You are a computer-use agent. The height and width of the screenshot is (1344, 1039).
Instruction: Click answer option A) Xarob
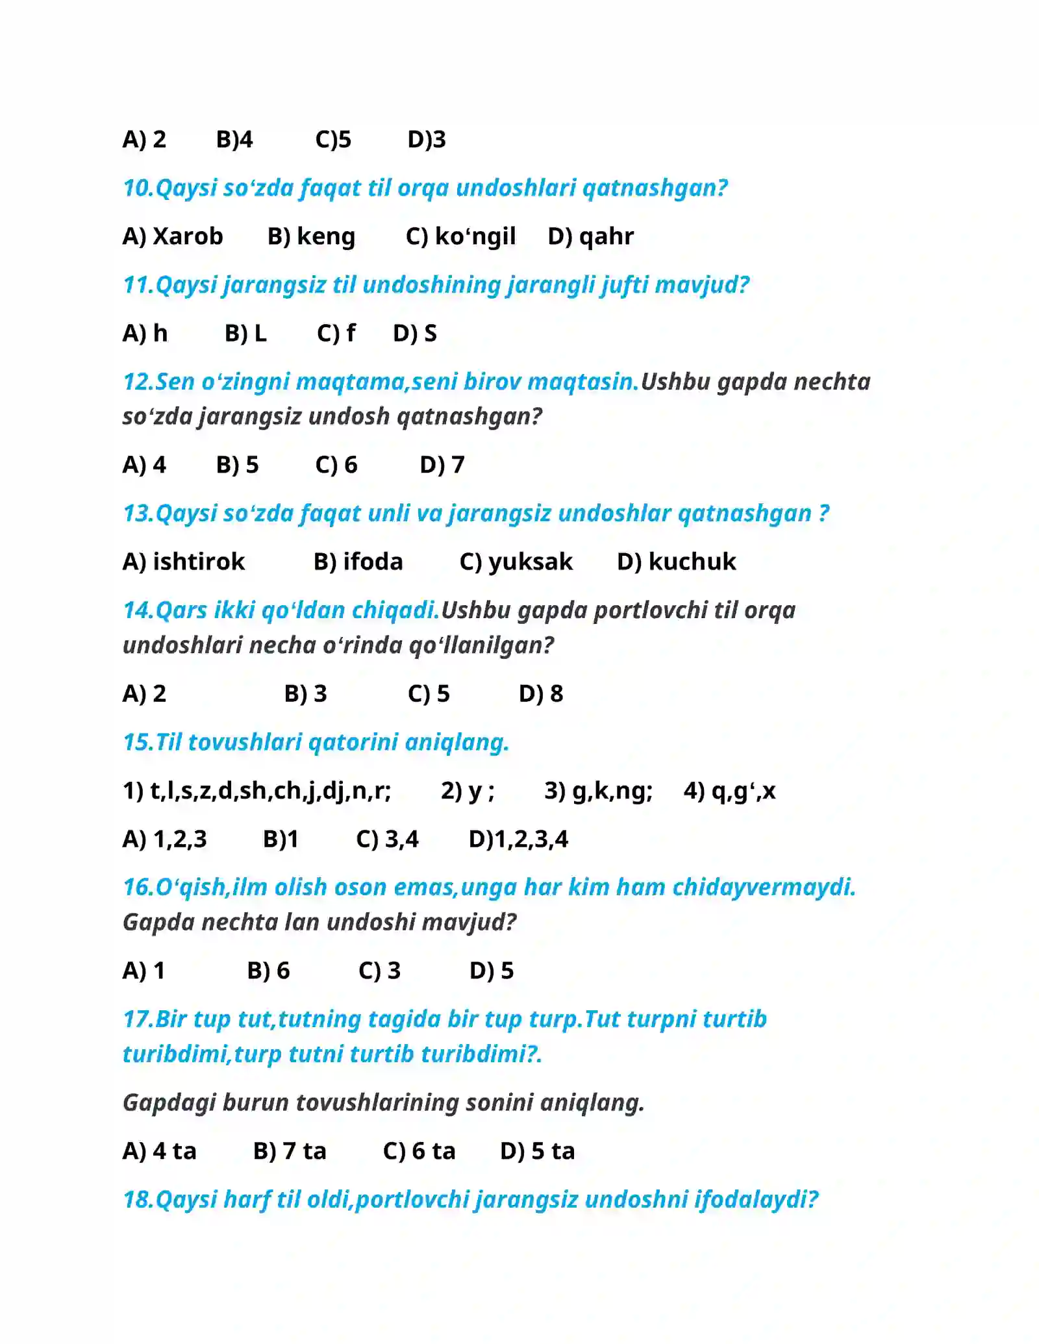coord(173,236)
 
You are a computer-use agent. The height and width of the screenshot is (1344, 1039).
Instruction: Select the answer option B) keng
coord(312,236)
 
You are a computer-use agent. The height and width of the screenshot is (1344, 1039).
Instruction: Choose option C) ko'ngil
coord(460,236)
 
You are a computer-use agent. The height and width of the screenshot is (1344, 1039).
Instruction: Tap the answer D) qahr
coord(590,236)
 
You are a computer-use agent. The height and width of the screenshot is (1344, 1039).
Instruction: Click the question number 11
coord(138,285)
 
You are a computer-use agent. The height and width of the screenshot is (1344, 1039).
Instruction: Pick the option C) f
coord(336,333)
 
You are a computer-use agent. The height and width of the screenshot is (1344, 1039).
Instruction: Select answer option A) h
coord(145,333)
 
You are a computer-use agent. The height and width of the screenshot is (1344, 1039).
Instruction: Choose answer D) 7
coord(442,465)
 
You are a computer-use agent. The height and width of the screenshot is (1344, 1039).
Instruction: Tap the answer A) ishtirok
coord(184,562)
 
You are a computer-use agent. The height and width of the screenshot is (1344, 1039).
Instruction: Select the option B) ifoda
coord(358,562)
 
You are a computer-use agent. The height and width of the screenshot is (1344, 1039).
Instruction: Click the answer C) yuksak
coord(516,562)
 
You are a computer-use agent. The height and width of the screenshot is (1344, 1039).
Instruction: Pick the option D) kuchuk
coord(676,562)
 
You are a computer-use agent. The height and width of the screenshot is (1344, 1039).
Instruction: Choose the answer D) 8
coord(541,694)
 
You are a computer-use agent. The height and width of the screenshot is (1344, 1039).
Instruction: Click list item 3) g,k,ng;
coord(598,791)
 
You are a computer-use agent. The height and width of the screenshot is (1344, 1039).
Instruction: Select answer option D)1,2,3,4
coord(518,840)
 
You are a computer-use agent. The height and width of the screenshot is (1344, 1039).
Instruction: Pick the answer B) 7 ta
coord(290,1151)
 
